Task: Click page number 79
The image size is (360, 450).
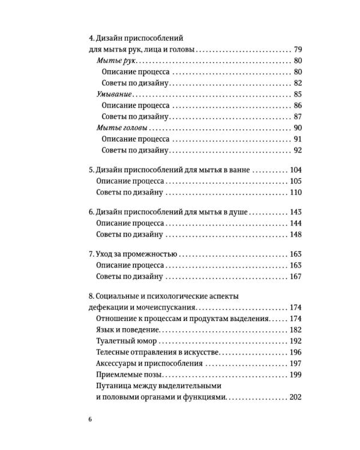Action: click(296, 49)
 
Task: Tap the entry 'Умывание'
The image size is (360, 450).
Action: click(115, 94)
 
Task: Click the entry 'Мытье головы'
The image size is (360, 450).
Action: click(122, 128)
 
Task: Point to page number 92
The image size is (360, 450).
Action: click(296, 150)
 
